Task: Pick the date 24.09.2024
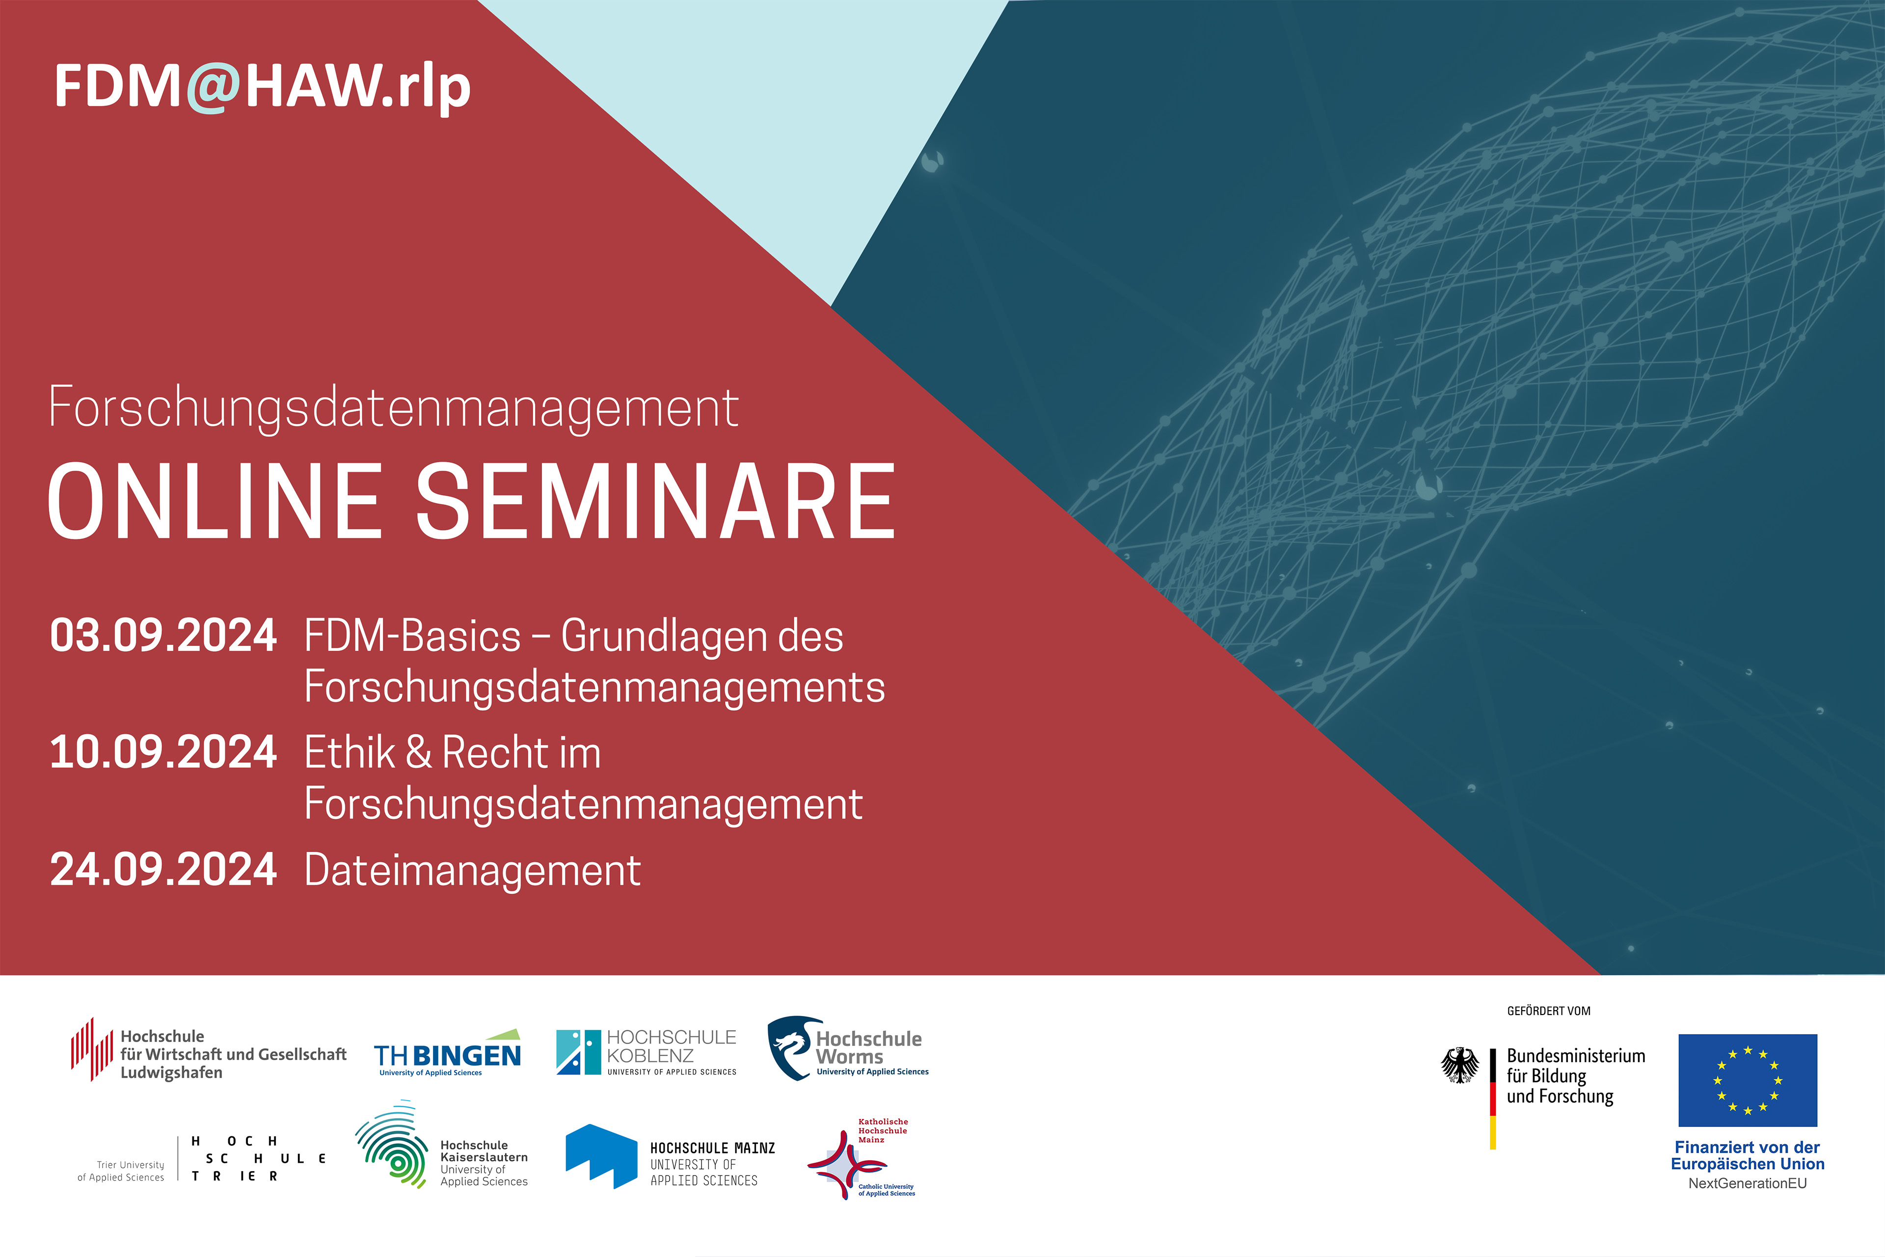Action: pyautogui.click(x=163, y=870)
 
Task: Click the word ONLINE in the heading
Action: pyautogui.click(x=215, y=502)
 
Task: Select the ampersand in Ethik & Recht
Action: pyautogui.click(x=419, y=753)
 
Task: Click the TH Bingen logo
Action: pyautogui.click(x=447, y=1053)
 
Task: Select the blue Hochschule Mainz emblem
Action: pyautogui.click(x=601, y=1156)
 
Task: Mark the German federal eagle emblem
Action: pyautogui.click(x=1460, y=1066)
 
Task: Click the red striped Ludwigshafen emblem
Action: pyautogui.click(x=91, y=1049)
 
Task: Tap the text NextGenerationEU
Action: pyautogui.click(x=1748, y=1183)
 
